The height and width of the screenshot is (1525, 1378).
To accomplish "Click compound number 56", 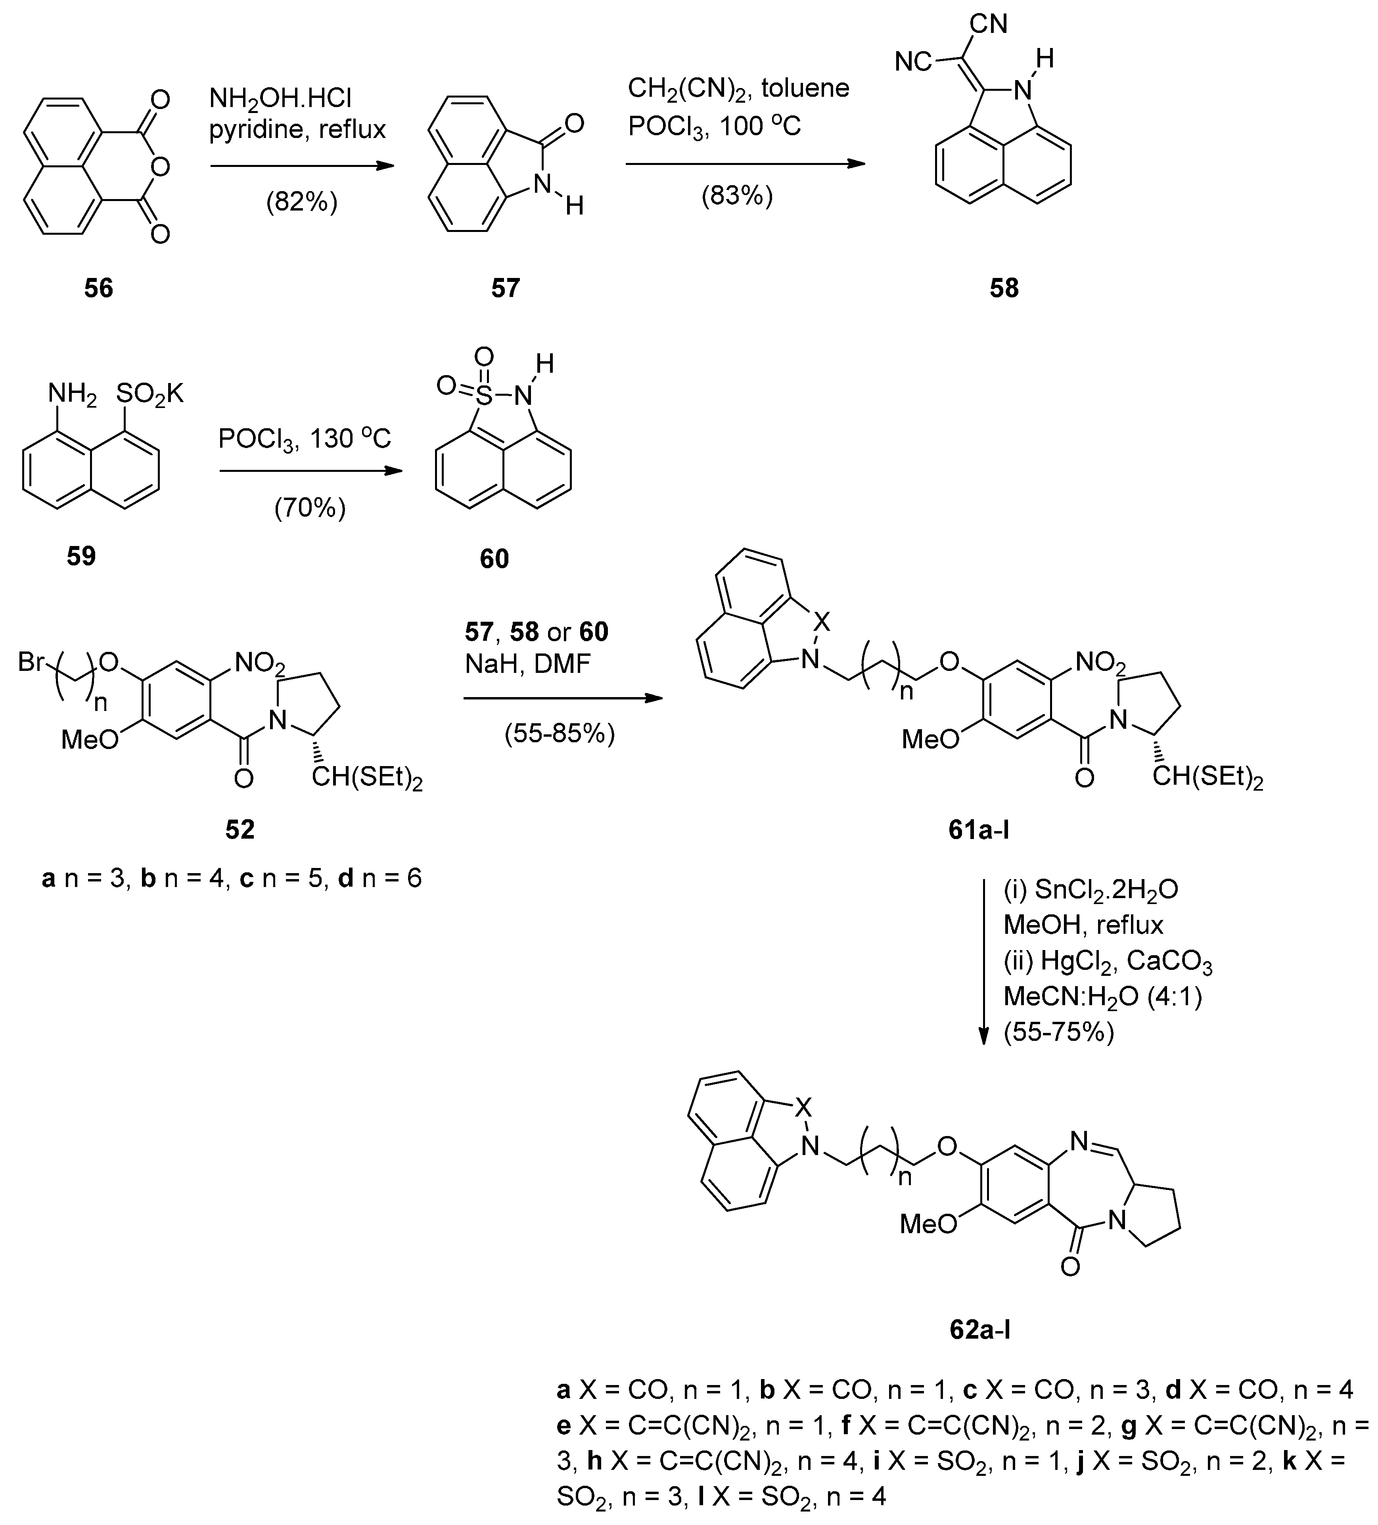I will [x=98, y=288].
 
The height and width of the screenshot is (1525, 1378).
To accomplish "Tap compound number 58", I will [x=1004, y=288].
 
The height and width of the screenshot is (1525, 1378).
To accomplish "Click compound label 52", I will [x=240, y=830].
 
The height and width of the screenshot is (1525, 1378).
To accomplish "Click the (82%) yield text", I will [x=301, y=202].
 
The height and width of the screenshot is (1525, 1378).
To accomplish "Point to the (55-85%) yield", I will [x=560, y=733].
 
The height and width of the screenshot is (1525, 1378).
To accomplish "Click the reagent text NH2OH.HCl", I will [x=280, y=98].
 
